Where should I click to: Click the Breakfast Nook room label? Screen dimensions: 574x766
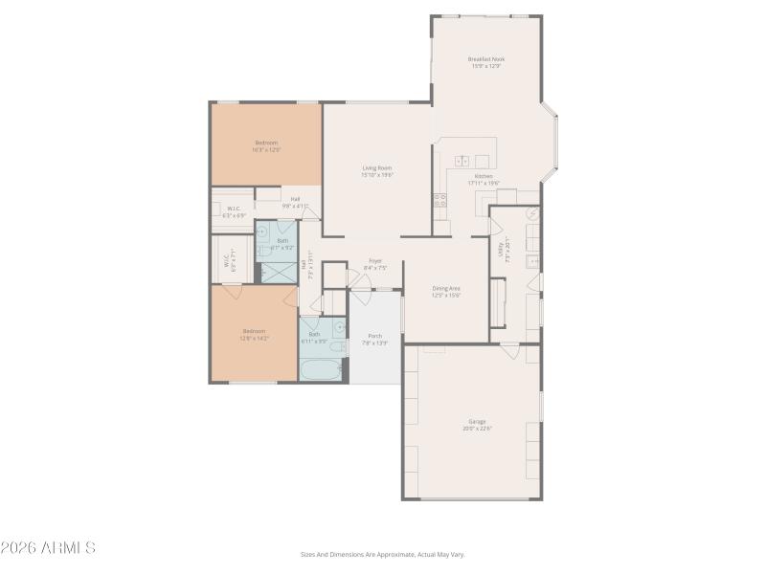[486, 59]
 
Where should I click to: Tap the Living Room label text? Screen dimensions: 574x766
[377, 168]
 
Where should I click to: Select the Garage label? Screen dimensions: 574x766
[477, 422]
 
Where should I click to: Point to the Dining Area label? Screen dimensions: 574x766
[446, 288]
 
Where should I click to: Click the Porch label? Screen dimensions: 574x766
[375, 336]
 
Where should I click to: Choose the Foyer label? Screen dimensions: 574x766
[375, 261]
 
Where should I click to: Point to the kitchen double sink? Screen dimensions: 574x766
[462, 162]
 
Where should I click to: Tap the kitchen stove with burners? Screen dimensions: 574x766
[439, 201]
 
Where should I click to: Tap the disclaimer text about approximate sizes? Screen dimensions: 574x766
[382, 554]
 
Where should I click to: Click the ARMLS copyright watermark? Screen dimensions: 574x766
[48, 548]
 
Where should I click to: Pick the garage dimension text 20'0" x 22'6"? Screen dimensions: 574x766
[477, 428]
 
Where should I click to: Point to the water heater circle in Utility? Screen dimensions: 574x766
[532, 214]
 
